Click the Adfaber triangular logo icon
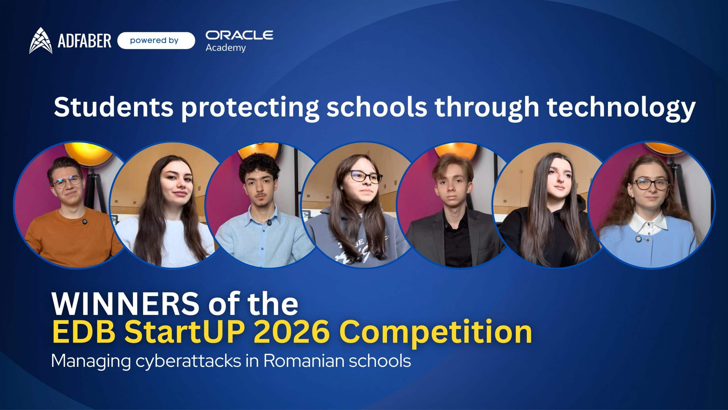41,41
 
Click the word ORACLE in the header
239,35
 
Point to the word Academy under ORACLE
226,48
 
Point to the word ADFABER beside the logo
84,41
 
